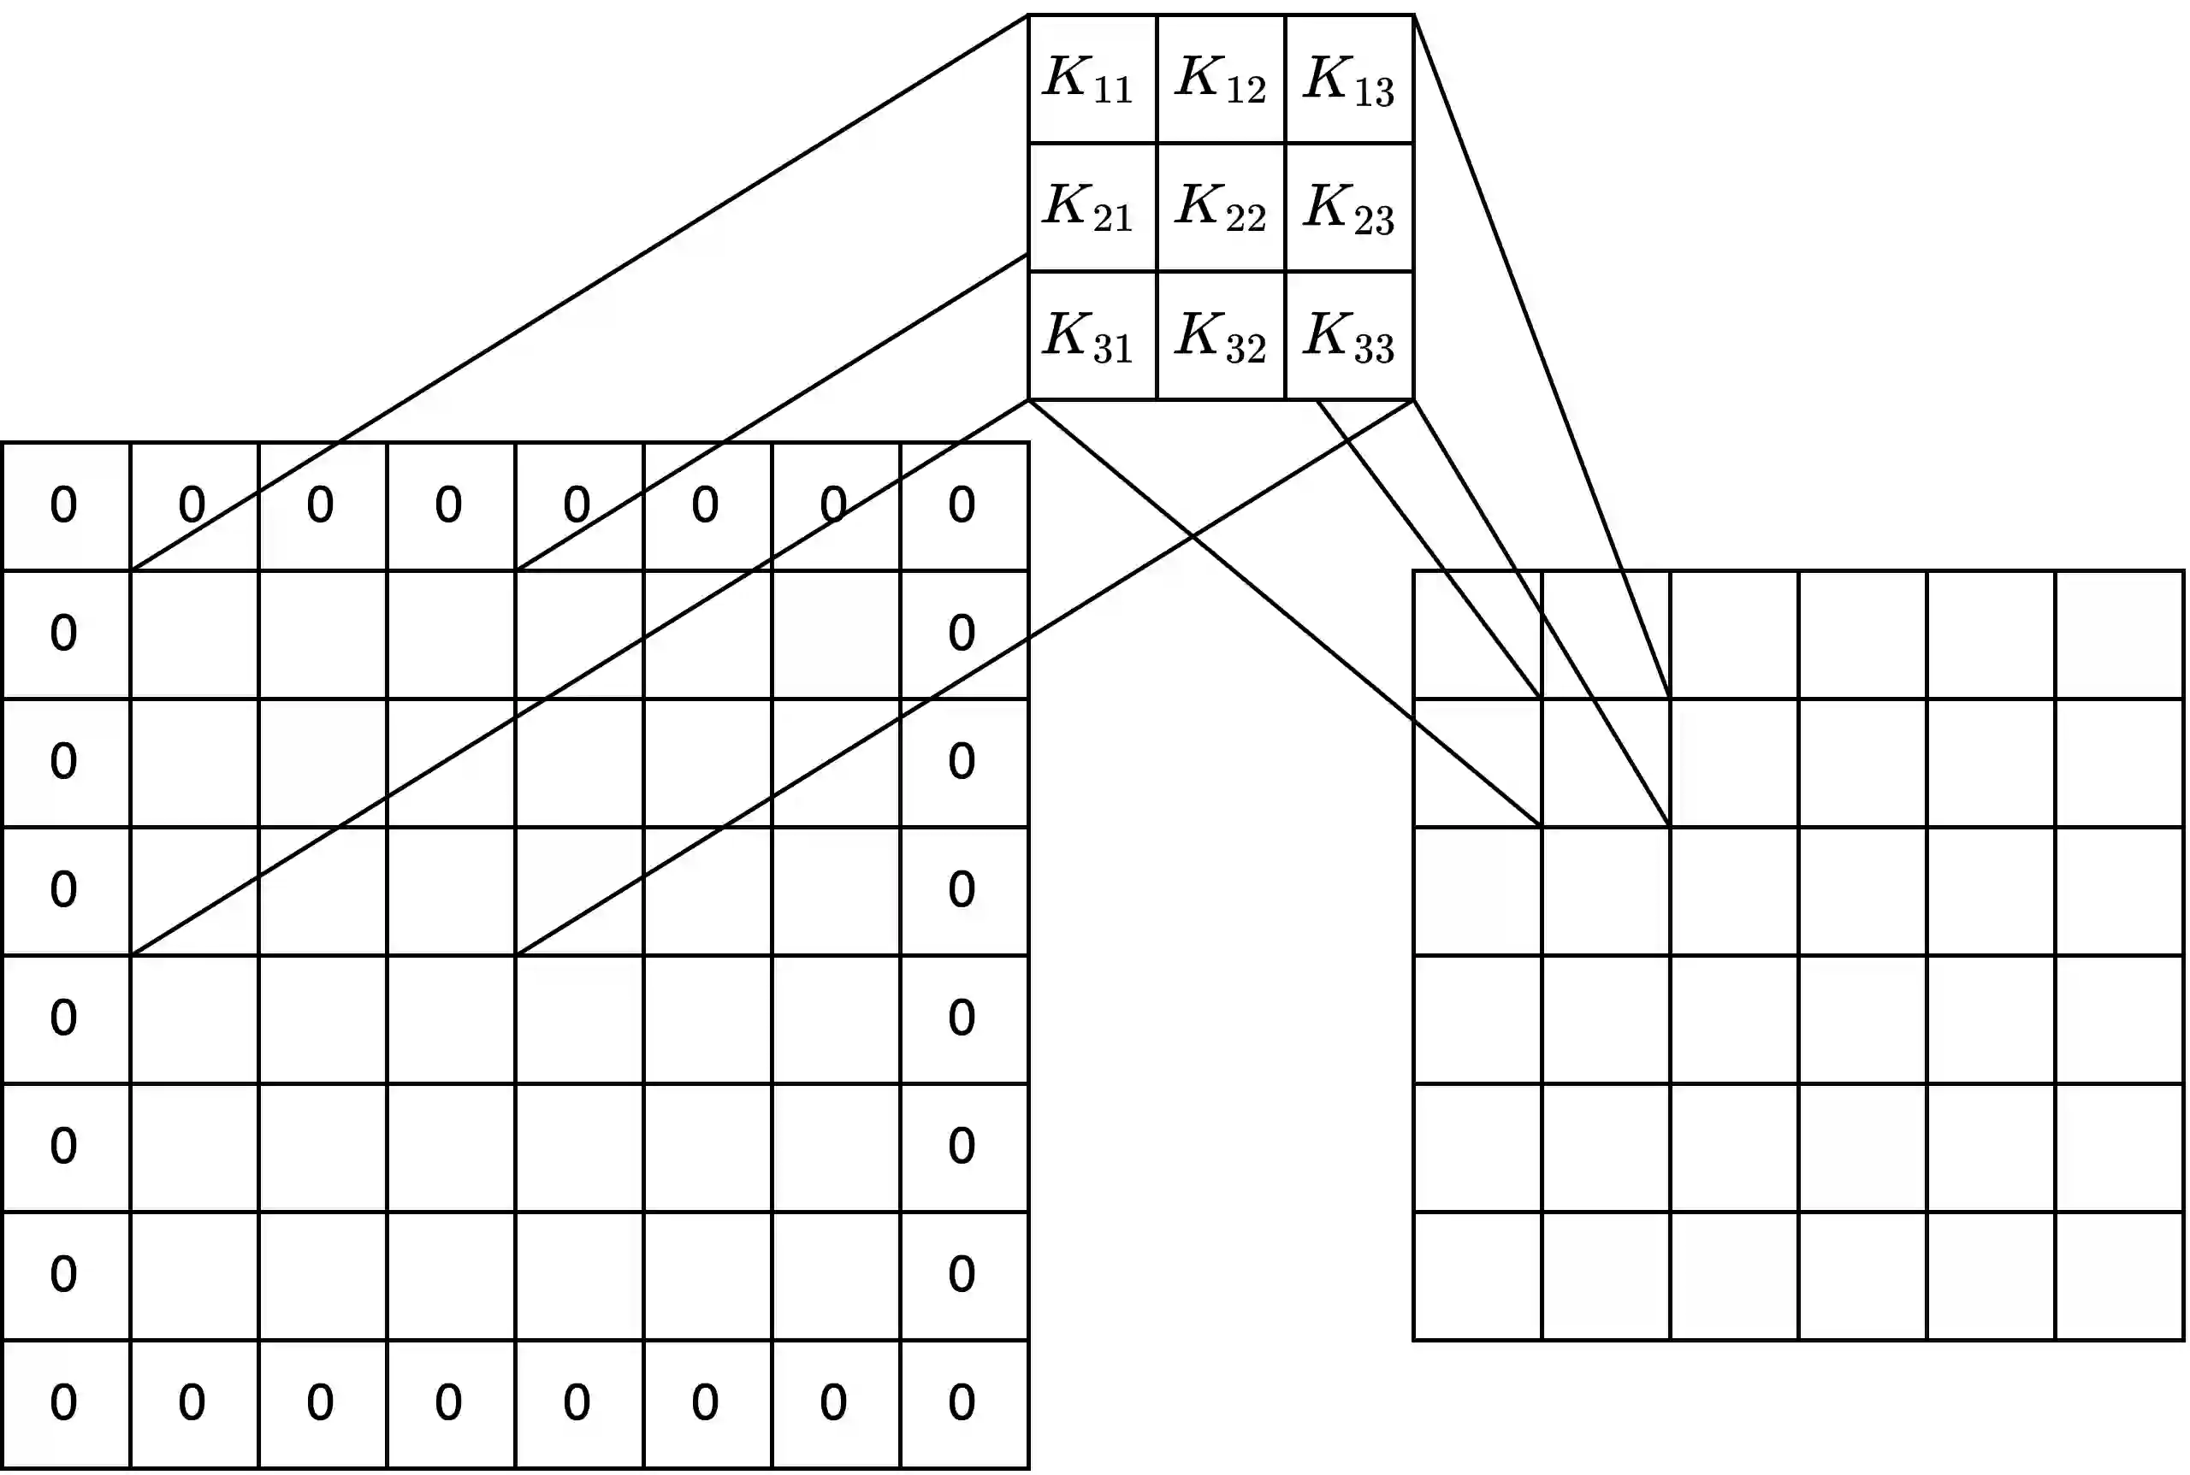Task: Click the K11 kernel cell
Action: pyautogui.click(x=1092, y=79)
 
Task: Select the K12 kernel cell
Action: pyautogui.click(x=1221, y=79)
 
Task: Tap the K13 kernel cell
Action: pyautogui.click(x=1348, y=79)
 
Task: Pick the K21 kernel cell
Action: pyautogui.click(x=1092, y=207)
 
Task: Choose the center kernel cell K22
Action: pyautogui.click(x=1221, y=207)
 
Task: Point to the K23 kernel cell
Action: pyautogui.click(x=1348, y=207)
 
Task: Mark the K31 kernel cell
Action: pyautogui.click(x=1092, y=336)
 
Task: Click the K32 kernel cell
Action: pyautogui.click(x=1221, y=336)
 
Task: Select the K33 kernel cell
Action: pyautogui.click(x=1348, y=336)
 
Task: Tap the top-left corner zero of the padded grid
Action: pyautogui.click(x=64, y=505)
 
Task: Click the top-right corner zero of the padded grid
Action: pyautogui.click(x=962, y=505)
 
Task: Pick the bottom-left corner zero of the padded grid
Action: pyautogui.click(x=64, y=1402)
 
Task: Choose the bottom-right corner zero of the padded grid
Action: pyautogui.click(x=962, y=1402)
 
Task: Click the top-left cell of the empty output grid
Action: pyautogui.click(x=1477, y=634)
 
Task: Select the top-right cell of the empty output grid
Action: pyautogui.click(x=2119, y=634)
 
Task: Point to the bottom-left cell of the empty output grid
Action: pyautogui.click(x=1477, y=1276)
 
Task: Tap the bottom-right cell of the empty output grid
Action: pyautogui.click(x=2119, y=1276)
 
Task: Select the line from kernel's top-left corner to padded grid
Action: pyautogui.click(x=580, y=292)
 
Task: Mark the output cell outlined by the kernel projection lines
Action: pyautogui.click(x=1606, y=762)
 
